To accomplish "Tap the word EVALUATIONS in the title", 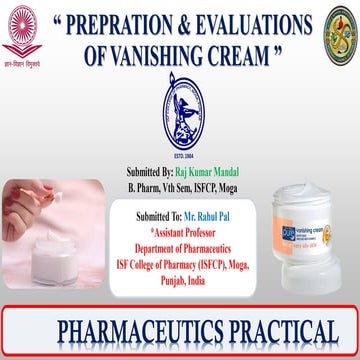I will [271, 24].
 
